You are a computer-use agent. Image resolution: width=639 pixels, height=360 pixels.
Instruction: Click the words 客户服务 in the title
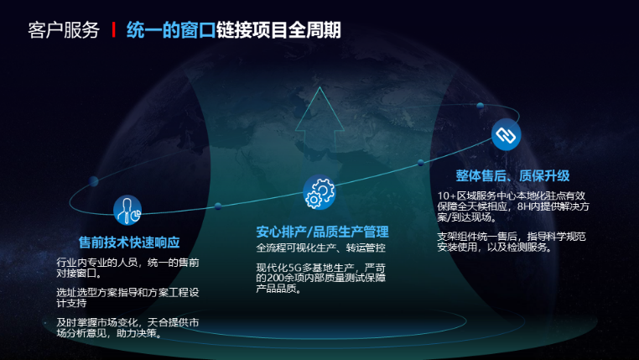(x=64, y=31)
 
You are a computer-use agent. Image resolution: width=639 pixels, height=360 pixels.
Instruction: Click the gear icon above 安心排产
(x=319, y=192)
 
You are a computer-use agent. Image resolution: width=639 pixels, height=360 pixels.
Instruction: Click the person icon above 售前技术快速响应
(x=127, y=209)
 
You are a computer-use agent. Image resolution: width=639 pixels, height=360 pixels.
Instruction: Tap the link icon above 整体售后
(x=506, y=134)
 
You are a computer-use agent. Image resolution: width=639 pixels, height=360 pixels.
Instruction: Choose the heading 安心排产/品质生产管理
(x=322, y=232)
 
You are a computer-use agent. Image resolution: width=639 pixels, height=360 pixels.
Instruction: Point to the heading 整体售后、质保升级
(x=512, y=175)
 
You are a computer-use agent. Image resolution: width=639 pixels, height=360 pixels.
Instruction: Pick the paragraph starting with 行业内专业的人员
(x=127, y=268)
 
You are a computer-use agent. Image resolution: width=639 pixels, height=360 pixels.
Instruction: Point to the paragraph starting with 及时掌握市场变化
(x=127, y=327)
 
